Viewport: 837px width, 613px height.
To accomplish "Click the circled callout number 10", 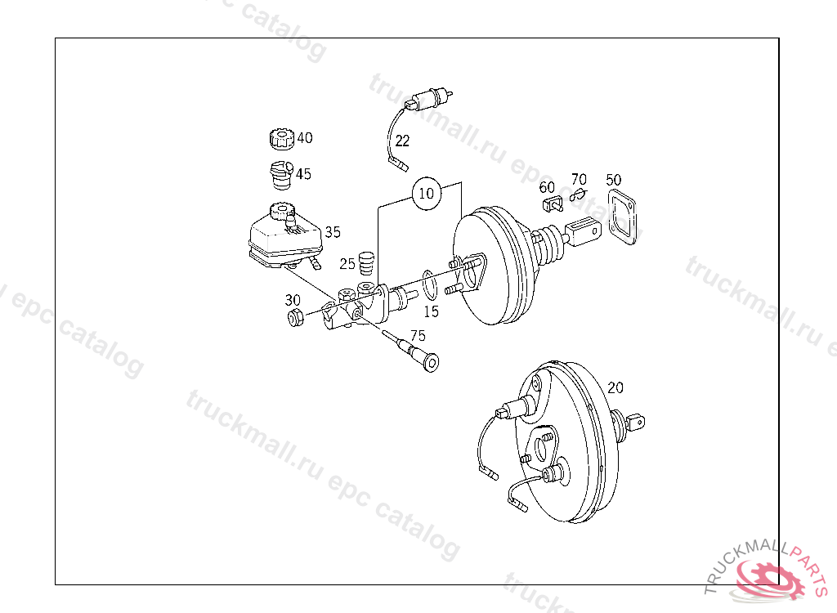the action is pos(427,193).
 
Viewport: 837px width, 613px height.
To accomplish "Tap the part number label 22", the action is pos(402,141).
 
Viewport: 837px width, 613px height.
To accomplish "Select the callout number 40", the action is pos(305,138).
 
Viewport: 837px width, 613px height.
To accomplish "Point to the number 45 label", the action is pos(303,174).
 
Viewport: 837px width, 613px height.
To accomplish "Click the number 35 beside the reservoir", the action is pos(333,232).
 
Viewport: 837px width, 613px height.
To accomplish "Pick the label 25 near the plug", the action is pos(347,264).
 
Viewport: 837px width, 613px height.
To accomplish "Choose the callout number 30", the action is pos(293,300).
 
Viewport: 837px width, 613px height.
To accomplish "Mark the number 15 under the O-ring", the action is pos(431,311).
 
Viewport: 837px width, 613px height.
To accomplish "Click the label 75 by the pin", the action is pos(418,336).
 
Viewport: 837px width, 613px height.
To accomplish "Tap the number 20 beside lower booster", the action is pos(615,387).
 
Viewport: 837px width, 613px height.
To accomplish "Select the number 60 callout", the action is pos(547,187).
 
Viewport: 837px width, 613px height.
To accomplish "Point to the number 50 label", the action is pos(614,180).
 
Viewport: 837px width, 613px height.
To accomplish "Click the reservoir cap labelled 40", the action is pos(282,139).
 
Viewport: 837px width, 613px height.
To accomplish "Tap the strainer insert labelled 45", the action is pos(280,175).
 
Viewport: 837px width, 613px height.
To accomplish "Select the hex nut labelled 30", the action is pos(295,317).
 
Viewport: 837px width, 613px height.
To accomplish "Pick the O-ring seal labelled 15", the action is pos(430,285).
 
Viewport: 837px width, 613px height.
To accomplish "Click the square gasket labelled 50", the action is pos(622,217).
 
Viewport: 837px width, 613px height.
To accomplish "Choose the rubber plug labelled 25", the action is pos(365,263).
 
